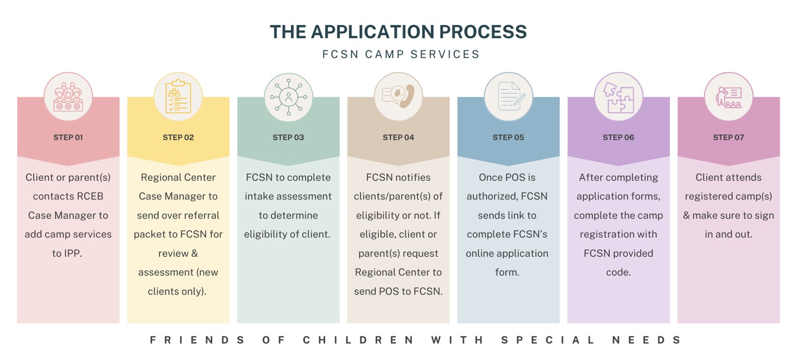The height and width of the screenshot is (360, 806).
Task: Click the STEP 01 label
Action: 68,137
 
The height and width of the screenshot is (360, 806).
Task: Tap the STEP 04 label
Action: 398,137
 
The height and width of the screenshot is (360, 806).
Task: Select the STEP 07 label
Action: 728,137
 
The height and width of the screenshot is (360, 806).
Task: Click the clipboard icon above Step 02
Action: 178,97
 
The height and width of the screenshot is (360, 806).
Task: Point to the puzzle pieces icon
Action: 619,97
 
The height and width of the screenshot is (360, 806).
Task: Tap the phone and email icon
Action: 398,96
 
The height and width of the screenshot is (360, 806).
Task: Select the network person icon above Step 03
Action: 288,97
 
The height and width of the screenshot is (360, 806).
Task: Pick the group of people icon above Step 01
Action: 68,97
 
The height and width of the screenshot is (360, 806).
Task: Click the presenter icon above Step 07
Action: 728,97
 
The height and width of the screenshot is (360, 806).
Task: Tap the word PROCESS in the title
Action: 483,32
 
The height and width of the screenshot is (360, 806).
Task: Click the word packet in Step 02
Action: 155,234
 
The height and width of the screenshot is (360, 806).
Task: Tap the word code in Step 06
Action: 618,272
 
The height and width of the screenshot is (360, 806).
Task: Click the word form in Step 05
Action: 507,272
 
